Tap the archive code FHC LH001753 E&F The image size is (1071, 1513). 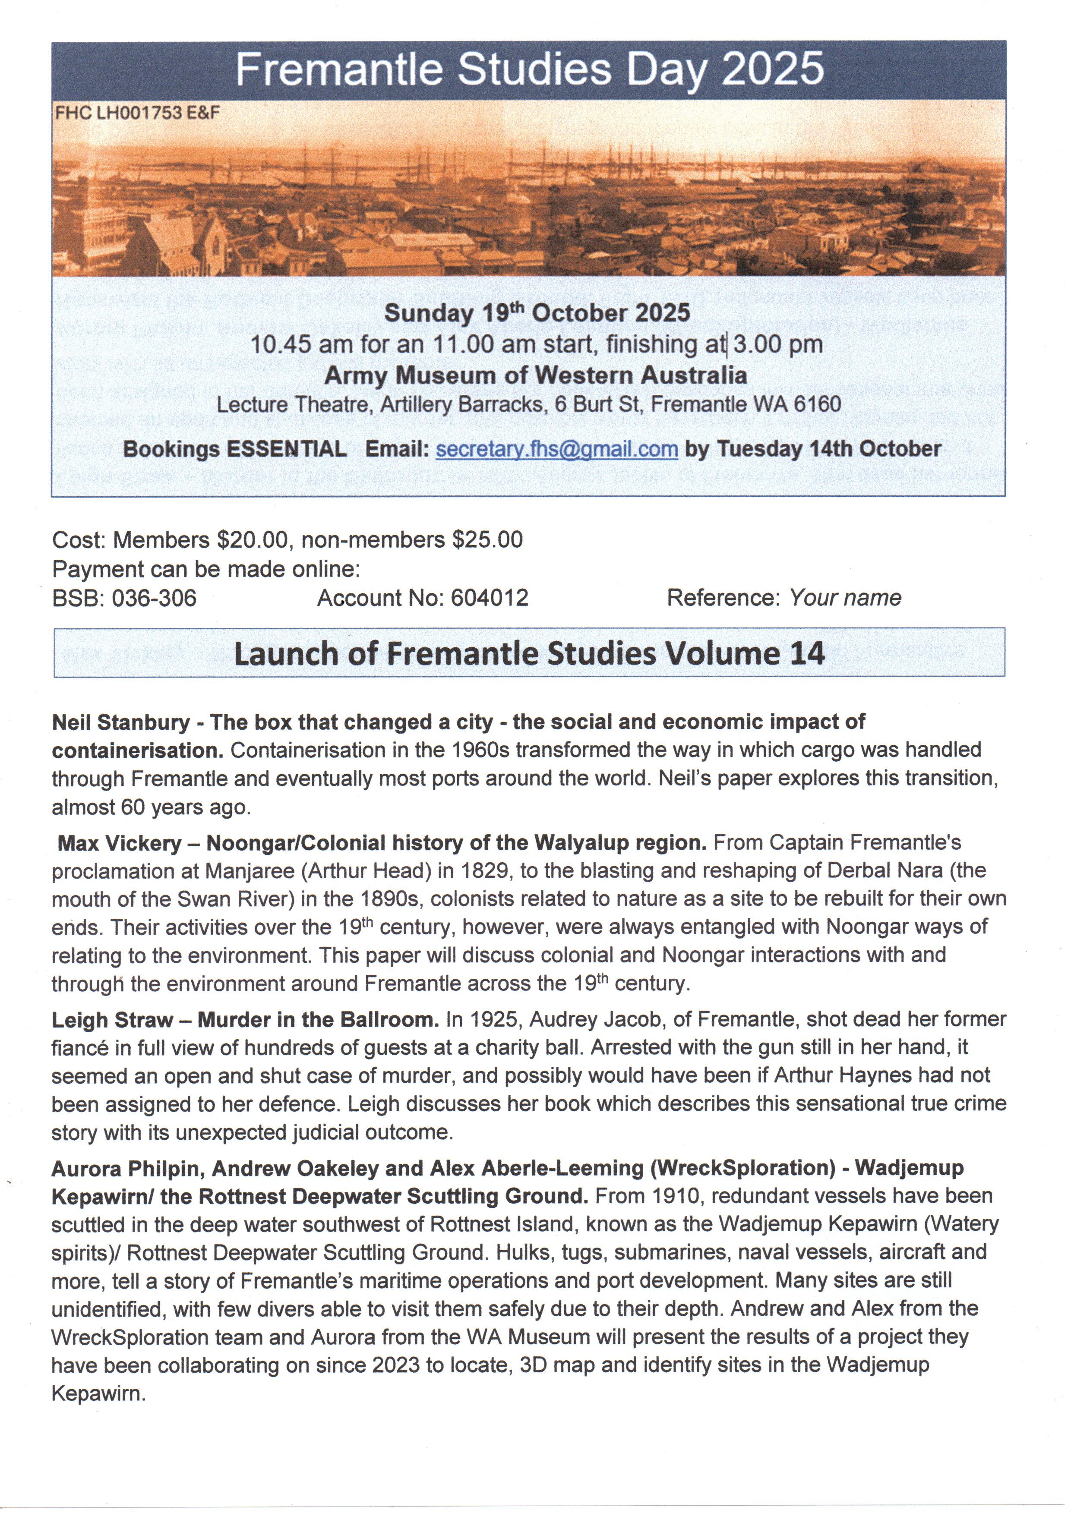point(137,113)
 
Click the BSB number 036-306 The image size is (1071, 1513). point(154,598)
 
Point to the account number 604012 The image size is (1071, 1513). point(490,598)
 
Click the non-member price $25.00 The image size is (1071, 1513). point(487,540)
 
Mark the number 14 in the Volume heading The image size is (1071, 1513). point(806,654)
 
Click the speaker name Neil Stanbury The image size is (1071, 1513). point(121,722)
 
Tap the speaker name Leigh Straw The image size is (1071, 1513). point(112,1020)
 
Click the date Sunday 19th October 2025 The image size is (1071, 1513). point(537,312)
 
